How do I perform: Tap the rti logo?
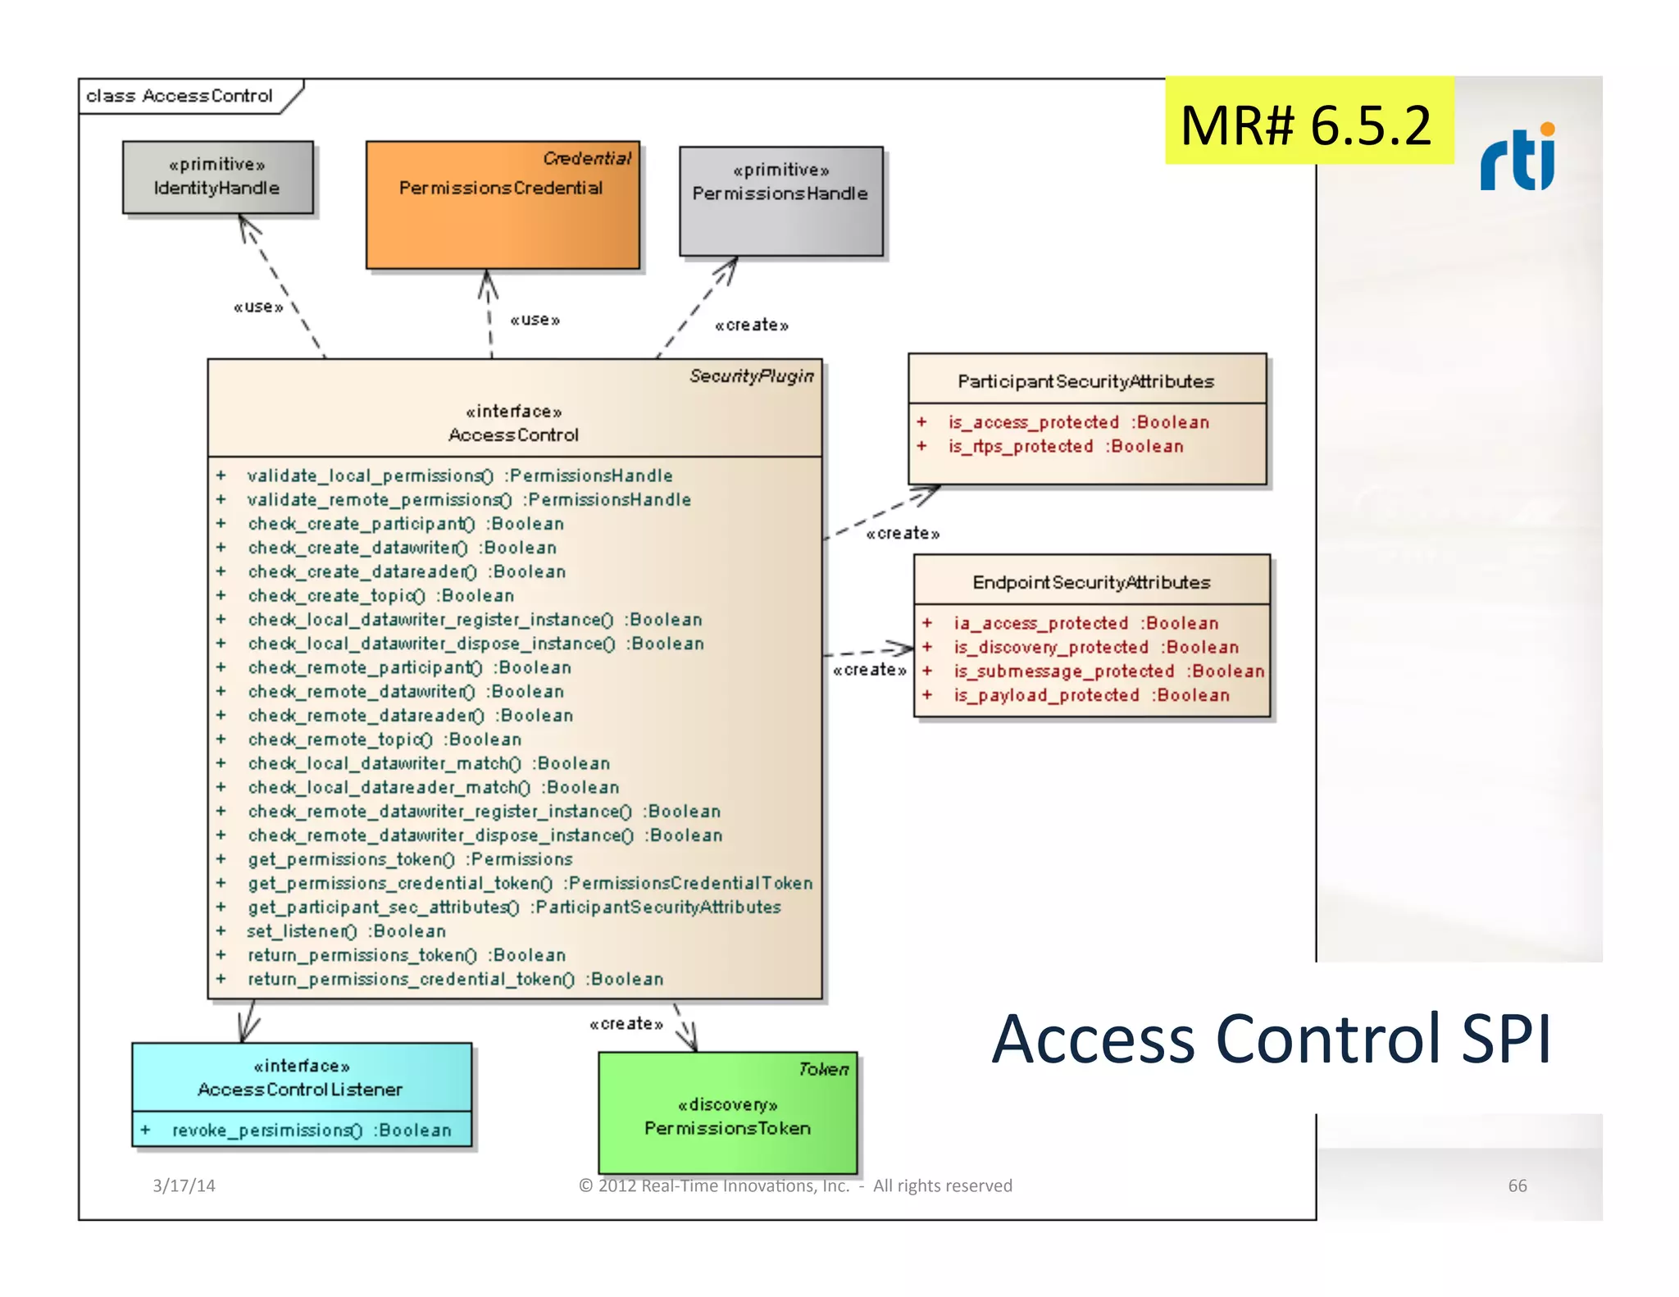click(x=1517, y=157)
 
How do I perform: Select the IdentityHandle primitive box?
click(x=217, y=177)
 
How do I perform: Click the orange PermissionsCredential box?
click(x=502, y=205)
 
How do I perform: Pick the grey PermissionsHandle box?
click(x=780, y=201)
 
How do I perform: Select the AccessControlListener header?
click(x=301, y=1077)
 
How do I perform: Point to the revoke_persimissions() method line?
click(x=312, y=1131)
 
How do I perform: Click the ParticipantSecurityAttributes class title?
click(x=1085, y=381)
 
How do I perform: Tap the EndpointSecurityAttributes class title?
click(x=1091, y=582)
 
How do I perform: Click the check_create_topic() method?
click(x=380, y=596)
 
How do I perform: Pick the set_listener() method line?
click(x=346, y=931)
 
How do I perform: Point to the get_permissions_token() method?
click(x=410, y=859)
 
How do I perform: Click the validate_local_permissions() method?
click(x=459, y=476)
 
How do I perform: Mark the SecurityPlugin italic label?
click(x=751, y=375)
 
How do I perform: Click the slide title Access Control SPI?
click(x=1271, y=1040)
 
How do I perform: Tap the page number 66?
click(x=1517, y=1186)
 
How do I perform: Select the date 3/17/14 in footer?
click(x=184, y=1186)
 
